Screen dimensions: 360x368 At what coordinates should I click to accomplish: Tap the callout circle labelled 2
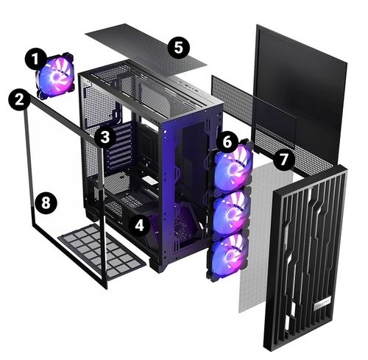(20, 98)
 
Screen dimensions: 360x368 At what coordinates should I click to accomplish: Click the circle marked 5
(177, 48)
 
